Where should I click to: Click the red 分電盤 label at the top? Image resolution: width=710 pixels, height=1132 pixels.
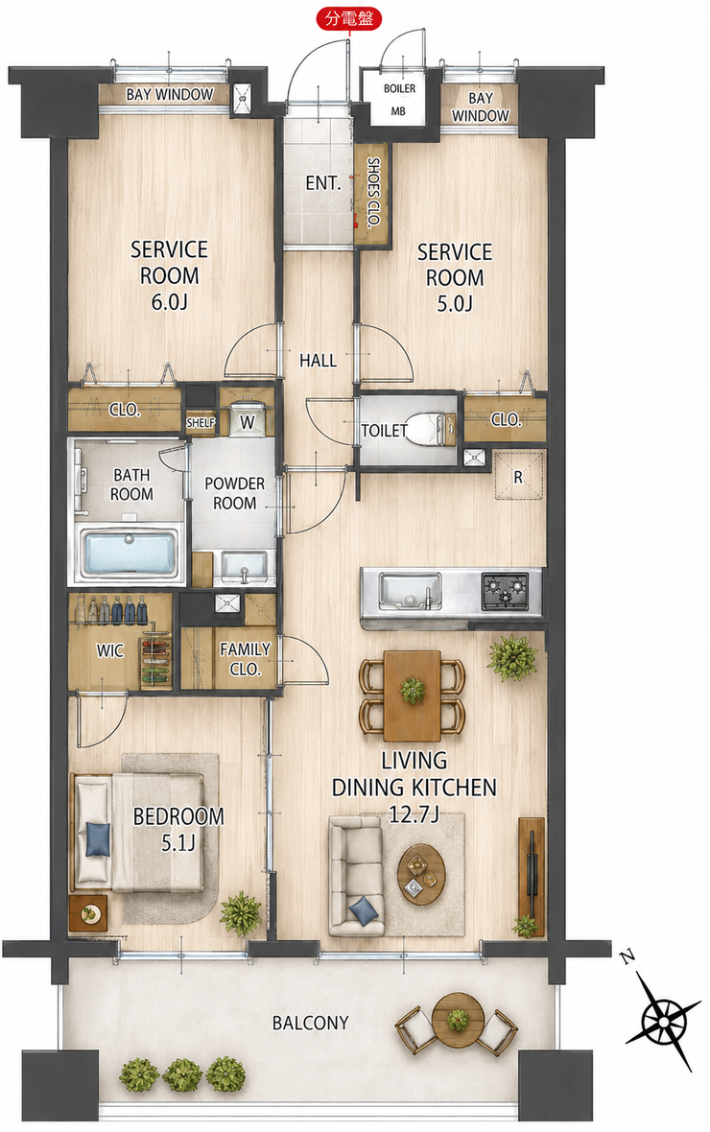[x=350, y=19]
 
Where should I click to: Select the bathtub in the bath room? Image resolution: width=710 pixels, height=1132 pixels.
[x=130, y=552]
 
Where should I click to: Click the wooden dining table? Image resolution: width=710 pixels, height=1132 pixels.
[x=412, y=696]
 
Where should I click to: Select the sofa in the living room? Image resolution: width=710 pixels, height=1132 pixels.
[x=355, y=875]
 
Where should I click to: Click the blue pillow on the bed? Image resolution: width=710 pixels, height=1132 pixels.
[x=98, y=838]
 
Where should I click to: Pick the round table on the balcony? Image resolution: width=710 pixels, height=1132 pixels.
[x=457, y=1020]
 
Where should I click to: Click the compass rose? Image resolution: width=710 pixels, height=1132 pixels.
[x=661, y=1019]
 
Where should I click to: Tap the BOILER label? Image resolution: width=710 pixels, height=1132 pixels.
[x=399, y=88]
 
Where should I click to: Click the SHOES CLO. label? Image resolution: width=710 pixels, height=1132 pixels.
[x=372, y=193]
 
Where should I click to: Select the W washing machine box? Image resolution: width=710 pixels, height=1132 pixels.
[x=248, y=421]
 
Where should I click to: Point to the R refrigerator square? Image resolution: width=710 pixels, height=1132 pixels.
[x=518, y=476]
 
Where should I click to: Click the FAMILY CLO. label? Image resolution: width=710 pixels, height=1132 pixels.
[x=245, y=659]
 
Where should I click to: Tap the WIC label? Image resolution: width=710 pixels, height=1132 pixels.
[x=109, y=651]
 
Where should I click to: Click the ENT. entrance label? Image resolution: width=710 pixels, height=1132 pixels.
[x=323, y=183]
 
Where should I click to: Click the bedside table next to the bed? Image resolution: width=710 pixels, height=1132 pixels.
[x=89, y=912]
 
